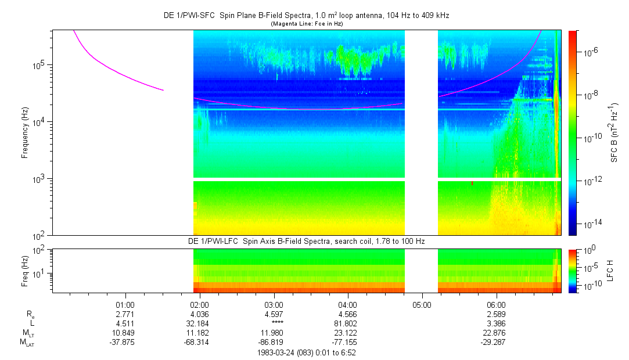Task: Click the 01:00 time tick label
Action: tap(125, 305)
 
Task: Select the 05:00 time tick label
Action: tap(422, 305)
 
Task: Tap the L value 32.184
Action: tap(199, 323)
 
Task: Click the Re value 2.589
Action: tap(496, 314)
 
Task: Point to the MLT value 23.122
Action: tap(348, 333)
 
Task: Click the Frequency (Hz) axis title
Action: tap(25, 133)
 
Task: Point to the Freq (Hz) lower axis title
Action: tap(25, 271)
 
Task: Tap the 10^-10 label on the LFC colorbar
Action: tap(588, 285)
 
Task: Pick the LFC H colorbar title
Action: tap(610, 271)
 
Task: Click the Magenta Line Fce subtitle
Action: tap(307, 24)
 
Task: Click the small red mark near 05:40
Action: tap(472, 183)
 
